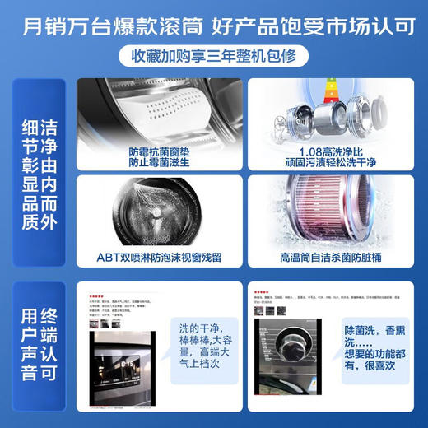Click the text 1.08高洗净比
tap(327, 152)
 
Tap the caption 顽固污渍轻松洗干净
tap(327, 164)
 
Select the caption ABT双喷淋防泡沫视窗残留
tap(158, 256)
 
